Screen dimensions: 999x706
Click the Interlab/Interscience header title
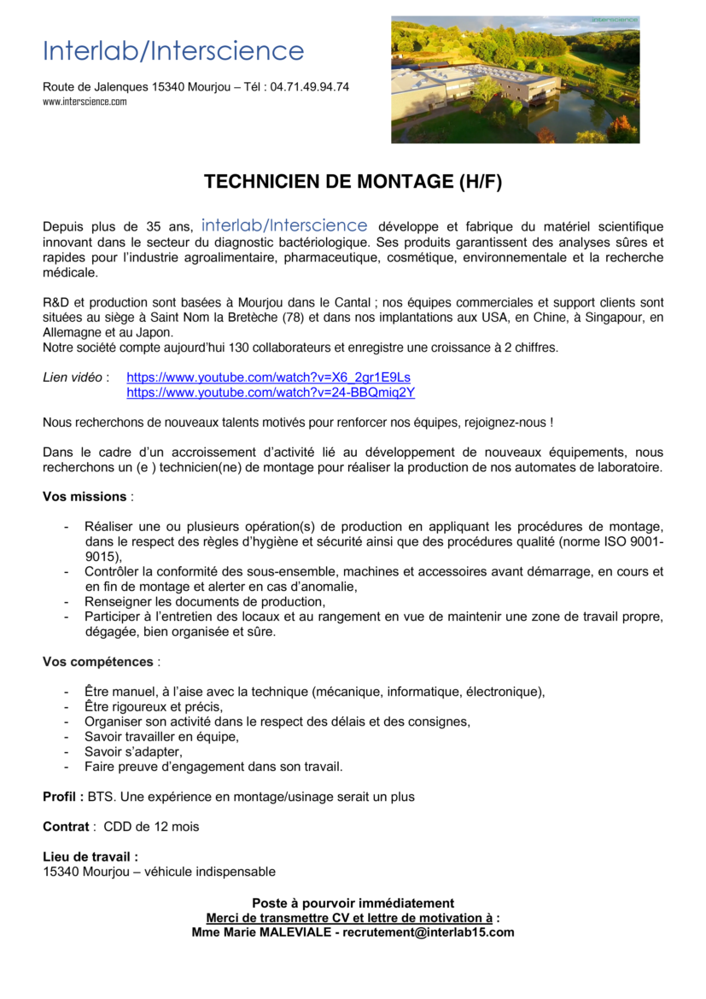[173, 51]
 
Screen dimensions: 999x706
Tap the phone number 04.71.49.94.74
[309, 87]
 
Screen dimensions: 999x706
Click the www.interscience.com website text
[85, 102]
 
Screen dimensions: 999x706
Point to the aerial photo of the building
[515, 80]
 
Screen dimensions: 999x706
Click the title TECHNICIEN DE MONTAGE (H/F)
[353, 182]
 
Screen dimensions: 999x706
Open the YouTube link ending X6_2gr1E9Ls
[269, 377]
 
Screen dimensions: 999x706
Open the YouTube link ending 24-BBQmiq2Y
[271, 393]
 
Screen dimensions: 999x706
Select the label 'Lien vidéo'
[74, 377]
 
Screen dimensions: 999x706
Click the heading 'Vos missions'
[85, 497]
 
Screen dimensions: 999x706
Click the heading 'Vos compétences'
[98, 662]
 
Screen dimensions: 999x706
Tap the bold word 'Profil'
[61, 797]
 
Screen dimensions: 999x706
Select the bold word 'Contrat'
[66, 827]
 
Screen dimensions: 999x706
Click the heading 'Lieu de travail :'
[90, 856]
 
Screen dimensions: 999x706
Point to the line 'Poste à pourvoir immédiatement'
[353, 903]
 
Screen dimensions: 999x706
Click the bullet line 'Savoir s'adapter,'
[133, 751]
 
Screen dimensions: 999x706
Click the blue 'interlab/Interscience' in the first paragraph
[284, 226]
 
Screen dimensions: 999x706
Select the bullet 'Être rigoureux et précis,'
[154, 706]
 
